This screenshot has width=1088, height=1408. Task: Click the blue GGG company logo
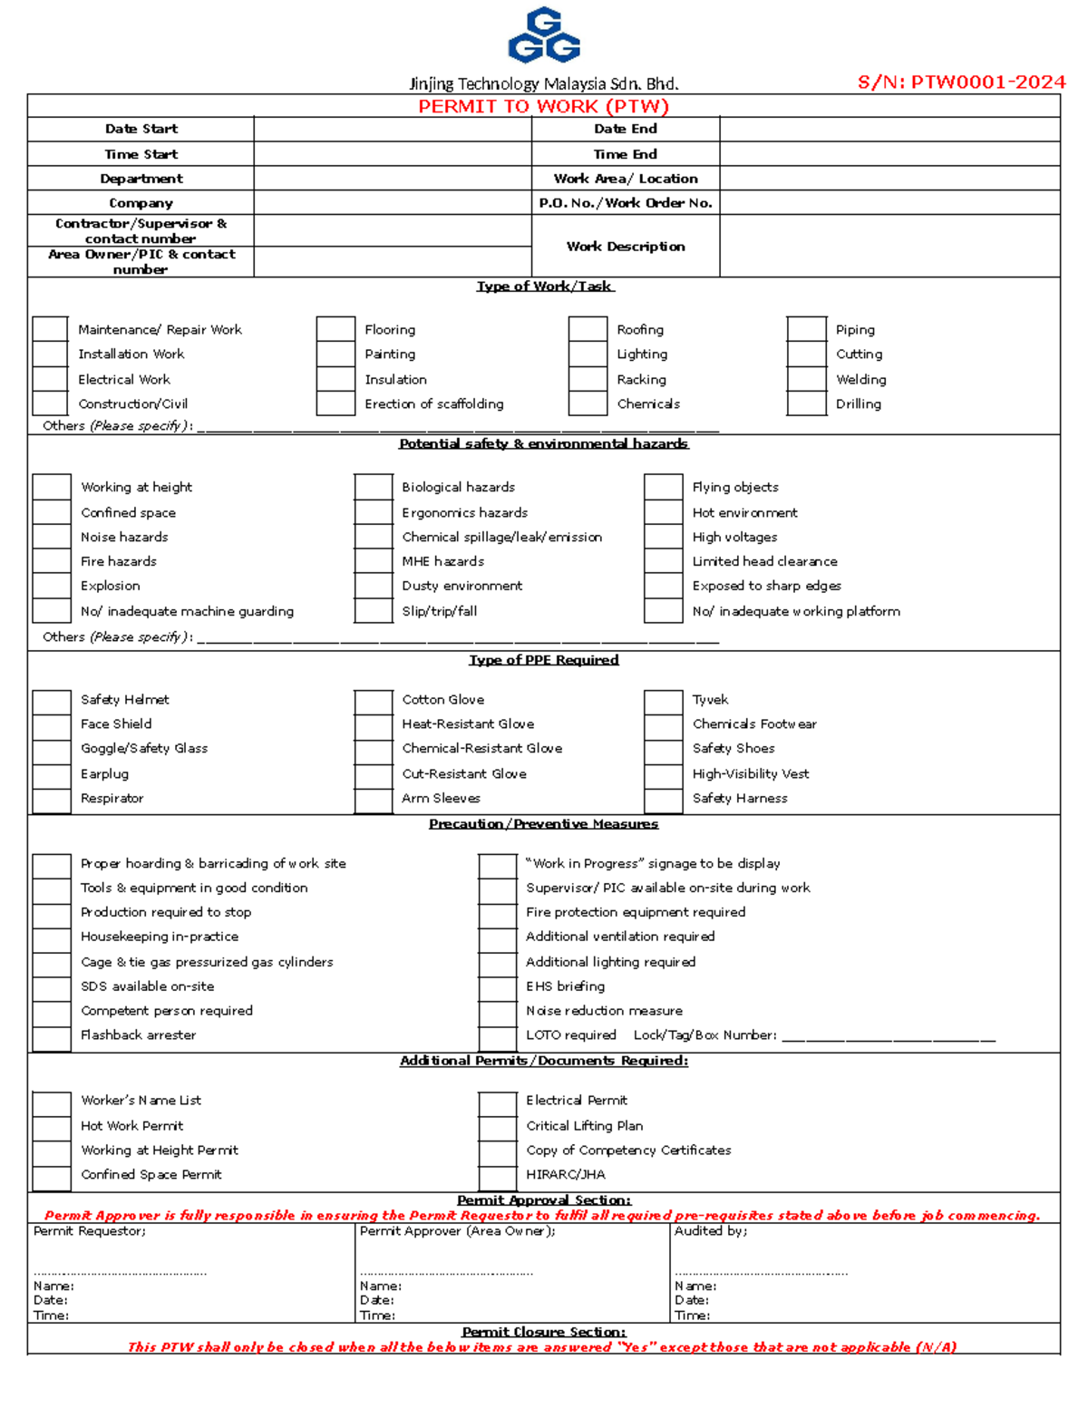click(x=544, y=36)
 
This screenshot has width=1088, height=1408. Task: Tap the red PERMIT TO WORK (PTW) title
click(x=543, y=106)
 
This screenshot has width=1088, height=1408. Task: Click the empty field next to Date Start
click(x=392, y=129)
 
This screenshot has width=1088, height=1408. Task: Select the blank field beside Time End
click(x=889, y=154)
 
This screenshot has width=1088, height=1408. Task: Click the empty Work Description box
click(x=889, y=246)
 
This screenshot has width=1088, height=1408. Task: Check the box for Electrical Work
click(x=51, y=379)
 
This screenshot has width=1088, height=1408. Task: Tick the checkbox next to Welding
click(x=806, y=379)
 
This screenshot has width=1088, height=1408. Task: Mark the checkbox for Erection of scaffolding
click(x=335, y=403)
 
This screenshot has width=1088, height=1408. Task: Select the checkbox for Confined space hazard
click(x=52, y=512)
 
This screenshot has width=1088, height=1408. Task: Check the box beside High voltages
click(x=663, y=537)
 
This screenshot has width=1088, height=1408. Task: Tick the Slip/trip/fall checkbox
click(x=374, y=611)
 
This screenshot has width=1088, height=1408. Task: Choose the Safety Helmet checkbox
click(x=52, y=700)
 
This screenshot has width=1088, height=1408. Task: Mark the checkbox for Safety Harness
click(x=663, y=799)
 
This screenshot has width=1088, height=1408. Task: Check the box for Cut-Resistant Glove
click(x=374, y=774)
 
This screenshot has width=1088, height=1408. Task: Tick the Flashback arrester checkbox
click(x=52, y=1035)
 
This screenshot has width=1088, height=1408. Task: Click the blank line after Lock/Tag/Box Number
click(x=889, y=1035)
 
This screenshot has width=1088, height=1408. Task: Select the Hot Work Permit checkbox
click(x=52, y=1126)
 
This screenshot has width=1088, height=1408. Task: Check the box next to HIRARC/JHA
click(x=497, y=1175)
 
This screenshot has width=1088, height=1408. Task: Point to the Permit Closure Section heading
click(x=543, y=1332)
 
